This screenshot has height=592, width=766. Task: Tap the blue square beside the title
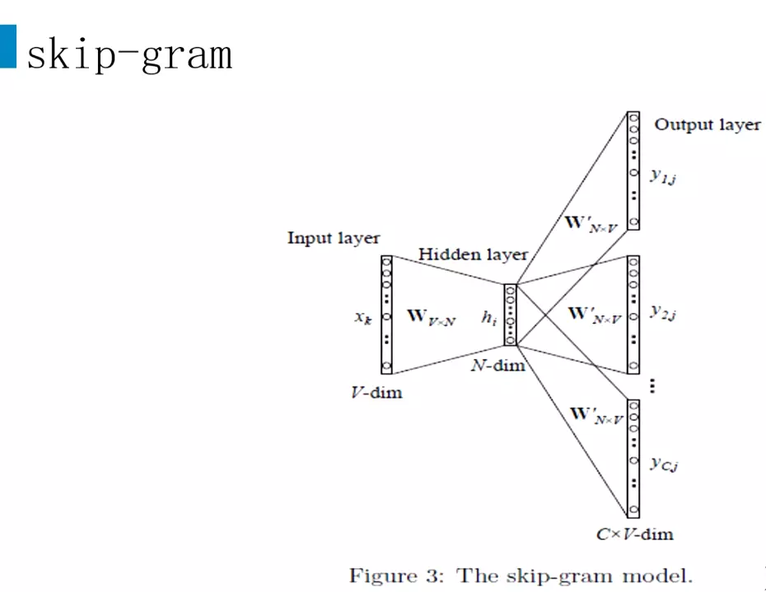click(x=7, y=46)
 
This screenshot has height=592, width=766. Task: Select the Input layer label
click(x=334, y=238)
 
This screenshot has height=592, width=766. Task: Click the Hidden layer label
click(x=473, y=254)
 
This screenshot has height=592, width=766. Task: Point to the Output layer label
click(x=708, y=125)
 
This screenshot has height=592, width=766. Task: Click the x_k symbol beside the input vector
click(x=363, y=317)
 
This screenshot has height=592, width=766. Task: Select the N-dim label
click(x=497, y=365)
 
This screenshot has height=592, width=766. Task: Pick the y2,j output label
click(x=664, y=312)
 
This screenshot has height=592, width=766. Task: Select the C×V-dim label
click(x=634, y=534)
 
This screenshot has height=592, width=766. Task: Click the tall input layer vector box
click(x=386, y=314)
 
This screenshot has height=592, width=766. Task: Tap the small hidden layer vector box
click(x=510, y=315)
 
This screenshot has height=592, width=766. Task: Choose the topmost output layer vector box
click(x=633, y=170)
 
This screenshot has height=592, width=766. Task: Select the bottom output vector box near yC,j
click(x=633, y=458)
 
